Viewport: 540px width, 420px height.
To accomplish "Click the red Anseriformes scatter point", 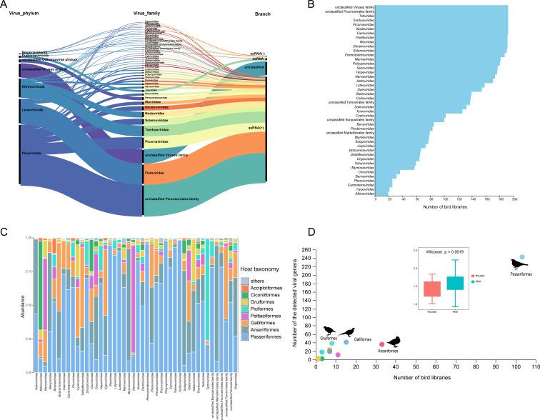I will click(381, 344).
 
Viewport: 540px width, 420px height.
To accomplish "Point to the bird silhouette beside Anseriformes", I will click(394, 341).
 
